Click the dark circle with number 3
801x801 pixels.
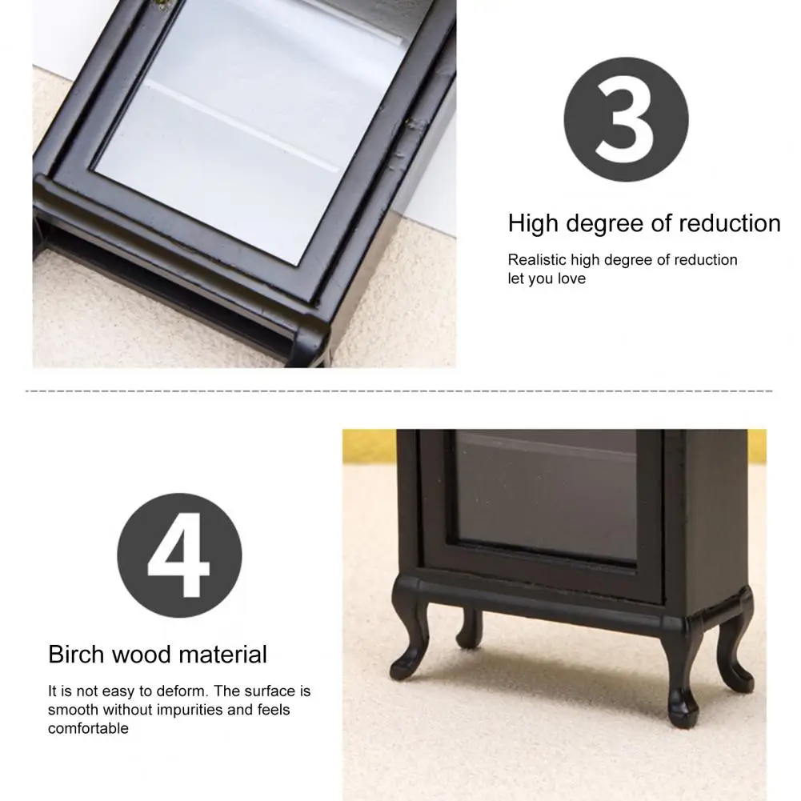tap(626, 119)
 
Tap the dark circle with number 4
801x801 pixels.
tap(179, 555)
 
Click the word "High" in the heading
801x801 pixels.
tap(533, 224)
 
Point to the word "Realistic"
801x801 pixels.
tap(537, 260)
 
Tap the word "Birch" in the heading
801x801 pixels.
tap(76, 655)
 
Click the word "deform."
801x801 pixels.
tap(182, 691)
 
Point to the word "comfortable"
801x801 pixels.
tap(88, 728)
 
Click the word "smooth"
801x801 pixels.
tap(73, 710)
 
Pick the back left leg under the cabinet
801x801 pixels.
tap(470, 628)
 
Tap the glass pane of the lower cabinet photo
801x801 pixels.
tap(547, 495)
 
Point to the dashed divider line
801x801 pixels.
tap(399, 391)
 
